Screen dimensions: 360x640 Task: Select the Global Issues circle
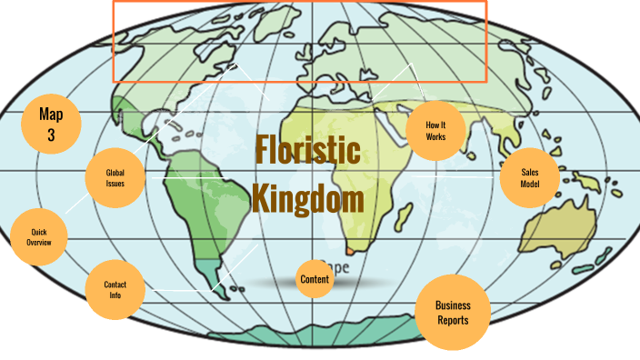115,177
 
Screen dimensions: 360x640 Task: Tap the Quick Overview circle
38,237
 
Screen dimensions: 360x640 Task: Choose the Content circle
315,279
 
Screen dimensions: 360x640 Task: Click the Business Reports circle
452,313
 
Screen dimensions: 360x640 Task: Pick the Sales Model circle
530,177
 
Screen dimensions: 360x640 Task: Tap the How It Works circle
436,130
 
